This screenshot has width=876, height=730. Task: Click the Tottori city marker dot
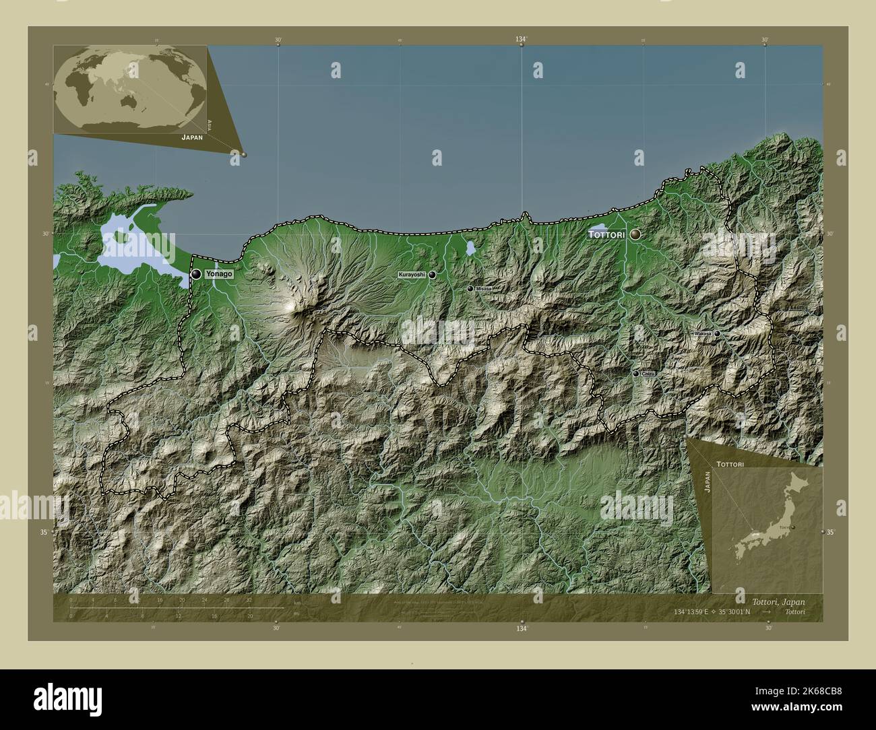coord(635,234)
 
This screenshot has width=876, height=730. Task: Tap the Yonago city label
coord(220,275)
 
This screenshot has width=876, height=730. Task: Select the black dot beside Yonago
coord(196,274)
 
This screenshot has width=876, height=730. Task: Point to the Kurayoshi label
coord(412,275)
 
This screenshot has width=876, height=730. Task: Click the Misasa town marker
coord(470,288)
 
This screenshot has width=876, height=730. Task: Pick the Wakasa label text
coord(702,333)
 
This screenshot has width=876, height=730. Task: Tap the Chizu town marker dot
coord(635,373)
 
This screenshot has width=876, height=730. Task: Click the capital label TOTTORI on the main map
coord(606,234)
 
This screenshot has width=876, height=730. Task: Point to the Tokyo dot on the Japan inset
coord(794,527)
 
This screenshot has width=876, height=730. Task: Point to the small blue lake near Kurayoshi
coord(469,248)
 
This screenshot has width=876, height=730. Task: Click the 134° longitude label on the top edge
coord(522,40)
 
